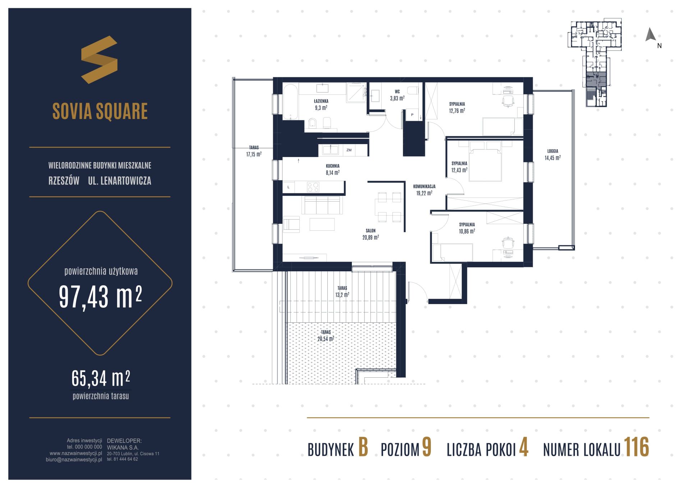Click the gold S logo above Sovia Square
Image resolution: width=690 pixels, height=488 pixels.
click(99, 60)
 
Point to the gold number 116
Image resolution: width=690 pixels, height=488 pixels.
click(636, 447)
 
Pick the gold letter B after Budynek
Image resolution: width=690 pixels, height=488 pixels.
click(363, 448)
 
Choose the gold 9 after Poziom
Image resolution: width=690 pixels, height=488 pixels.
click(426, 448)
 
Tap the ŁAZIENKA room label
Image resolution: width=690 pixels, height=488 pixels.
click(321, 101)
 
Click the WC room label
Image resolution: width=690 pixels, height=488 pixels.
click(397, 92)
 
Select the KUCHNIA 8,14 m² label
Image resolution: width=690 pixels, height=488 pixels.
click(333, 169)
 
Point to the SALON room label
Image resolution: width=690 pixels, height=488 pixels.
click(371, 231)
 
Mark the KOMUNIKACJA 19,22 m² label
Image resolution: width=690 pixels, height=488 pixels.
click(424, 190)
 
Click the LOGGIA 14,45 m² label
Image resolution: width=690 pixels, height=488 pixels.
click(553, 155)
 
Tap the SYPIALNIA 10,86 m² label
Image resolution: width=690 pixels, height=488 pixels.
click(467, 228)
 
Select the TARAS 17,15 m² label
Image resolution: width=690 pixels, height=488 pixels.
click(254, 151)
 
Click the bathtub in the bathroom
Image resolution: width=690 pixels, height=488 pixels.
click(290, 102)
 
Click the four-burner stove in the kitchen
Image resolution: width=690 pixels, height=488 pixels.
click(313, 187)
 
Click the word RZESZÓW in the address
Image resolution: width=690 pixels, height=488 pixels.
click(64, 181)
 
